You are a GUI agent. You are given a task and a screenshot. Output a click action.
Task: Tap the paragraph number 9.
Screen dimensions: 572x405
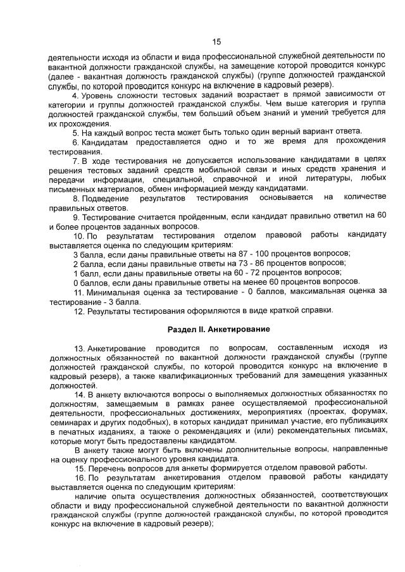pos(75,217)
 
